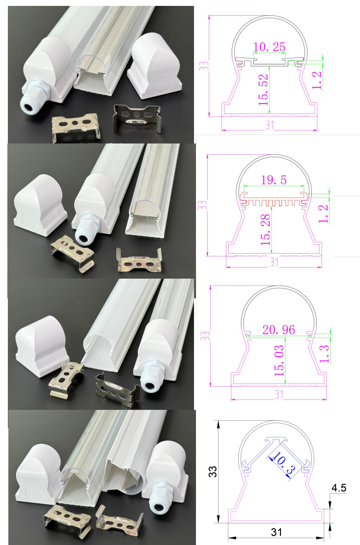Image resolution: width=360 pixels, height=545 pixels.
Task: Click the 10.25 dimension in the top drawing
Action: click(x=269, y=47)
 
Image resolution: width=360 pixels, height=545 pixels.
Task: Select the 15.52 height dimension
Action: click(x=263, y=90)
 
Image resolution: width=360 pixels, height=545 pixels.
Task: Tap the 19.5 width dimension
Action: click(x=274, y=180)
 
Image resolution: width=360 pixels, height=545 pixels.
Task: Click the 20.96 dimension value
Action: click(x=278, y=330)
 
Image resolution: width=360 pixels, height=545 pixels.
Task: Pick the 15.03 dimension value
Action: click(x=279, y=360)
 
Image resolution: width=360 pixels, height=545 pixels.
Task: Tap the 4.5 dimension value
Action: click(x=338, y=488)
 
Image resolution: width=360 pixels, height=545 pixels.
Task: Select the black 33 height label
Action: click(x=212, y=472)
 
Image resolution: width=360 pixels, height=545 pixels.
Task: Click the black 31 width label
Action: click(x=276, y=532)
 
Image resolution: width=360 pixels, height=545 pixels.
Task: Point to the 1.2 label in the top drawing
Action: click(x=317, y=80)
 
